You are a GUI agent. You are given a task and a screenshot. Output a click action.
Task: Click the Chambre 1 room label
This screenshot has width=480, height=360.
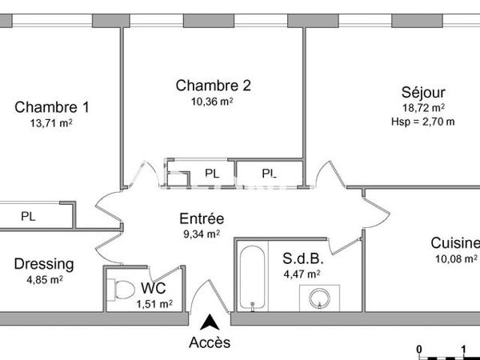coord(52,107)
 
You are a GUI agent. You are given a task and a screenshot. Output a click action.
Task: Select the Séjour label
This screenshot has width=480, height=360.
coord(423,92)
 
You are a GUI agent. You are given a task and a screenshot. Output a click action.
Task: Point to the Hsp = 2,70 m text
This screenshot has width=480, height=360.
coord(423,122)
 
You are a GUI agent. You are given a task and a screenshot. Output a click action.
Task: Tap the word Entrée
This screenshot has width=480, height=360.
coord(201,218)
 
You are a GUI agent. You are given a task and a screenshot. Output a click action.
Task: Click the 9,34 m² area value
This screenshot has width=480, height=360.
coord(201,234)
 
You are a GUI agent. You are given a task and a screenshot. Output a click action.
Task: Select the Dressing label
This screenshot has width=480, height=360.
coord(44,264)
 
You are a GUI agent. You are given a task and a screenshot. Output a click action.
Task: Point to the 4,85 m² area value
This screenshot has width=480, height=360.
coord(44,279)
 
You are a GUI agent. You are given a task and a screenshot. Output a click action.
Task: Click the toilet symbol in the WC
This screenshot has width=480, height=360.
coord(123,290)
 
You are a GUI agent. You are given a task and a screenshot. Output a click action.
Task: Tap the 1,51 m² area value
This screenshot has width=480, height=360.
coord(154,303)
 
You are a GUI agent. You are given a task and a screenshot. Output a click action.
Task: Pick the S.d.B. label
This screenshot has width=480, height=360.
coord(302,259)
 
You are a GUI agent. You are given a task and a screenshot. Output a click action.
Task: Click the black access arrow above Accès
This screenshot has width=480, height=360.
coord(210,322)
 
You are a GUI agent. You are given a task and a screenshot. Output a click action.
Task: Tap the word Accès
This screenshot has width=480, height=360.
coord(210,342)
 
